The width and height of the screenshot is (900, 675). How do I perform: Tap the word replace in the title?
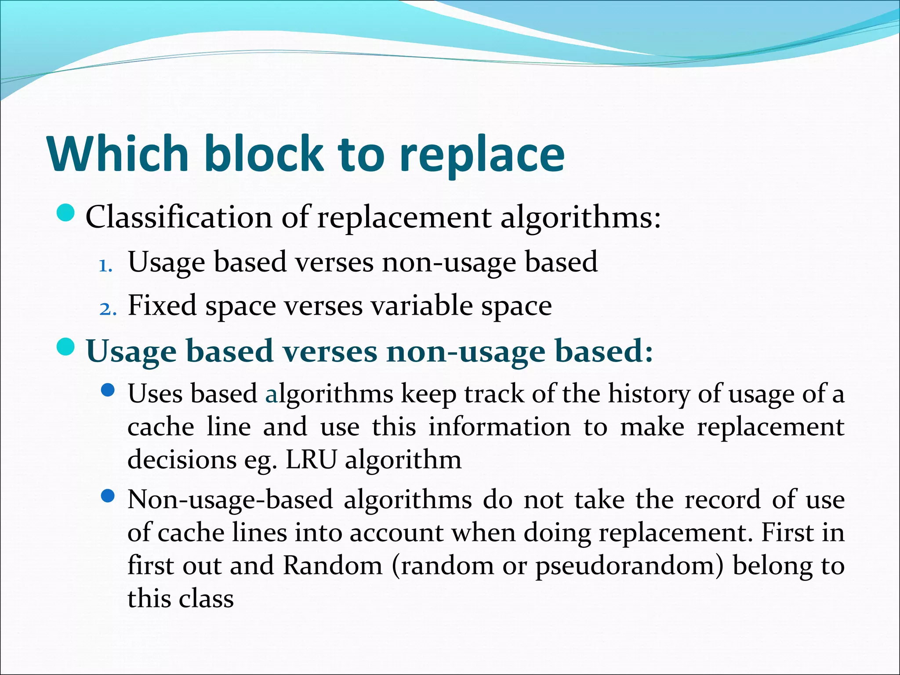pos(482,155)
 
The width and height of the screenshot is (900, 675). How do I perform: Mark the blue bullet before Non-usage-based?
pos(108,497)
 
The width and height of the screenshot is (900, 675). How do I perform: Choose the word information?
pos(500,427)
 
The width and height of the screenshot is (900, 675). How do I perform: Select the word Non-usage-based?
pos(230,500)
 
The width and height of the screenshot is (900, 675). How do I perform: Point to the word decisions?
pos(181,460)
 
